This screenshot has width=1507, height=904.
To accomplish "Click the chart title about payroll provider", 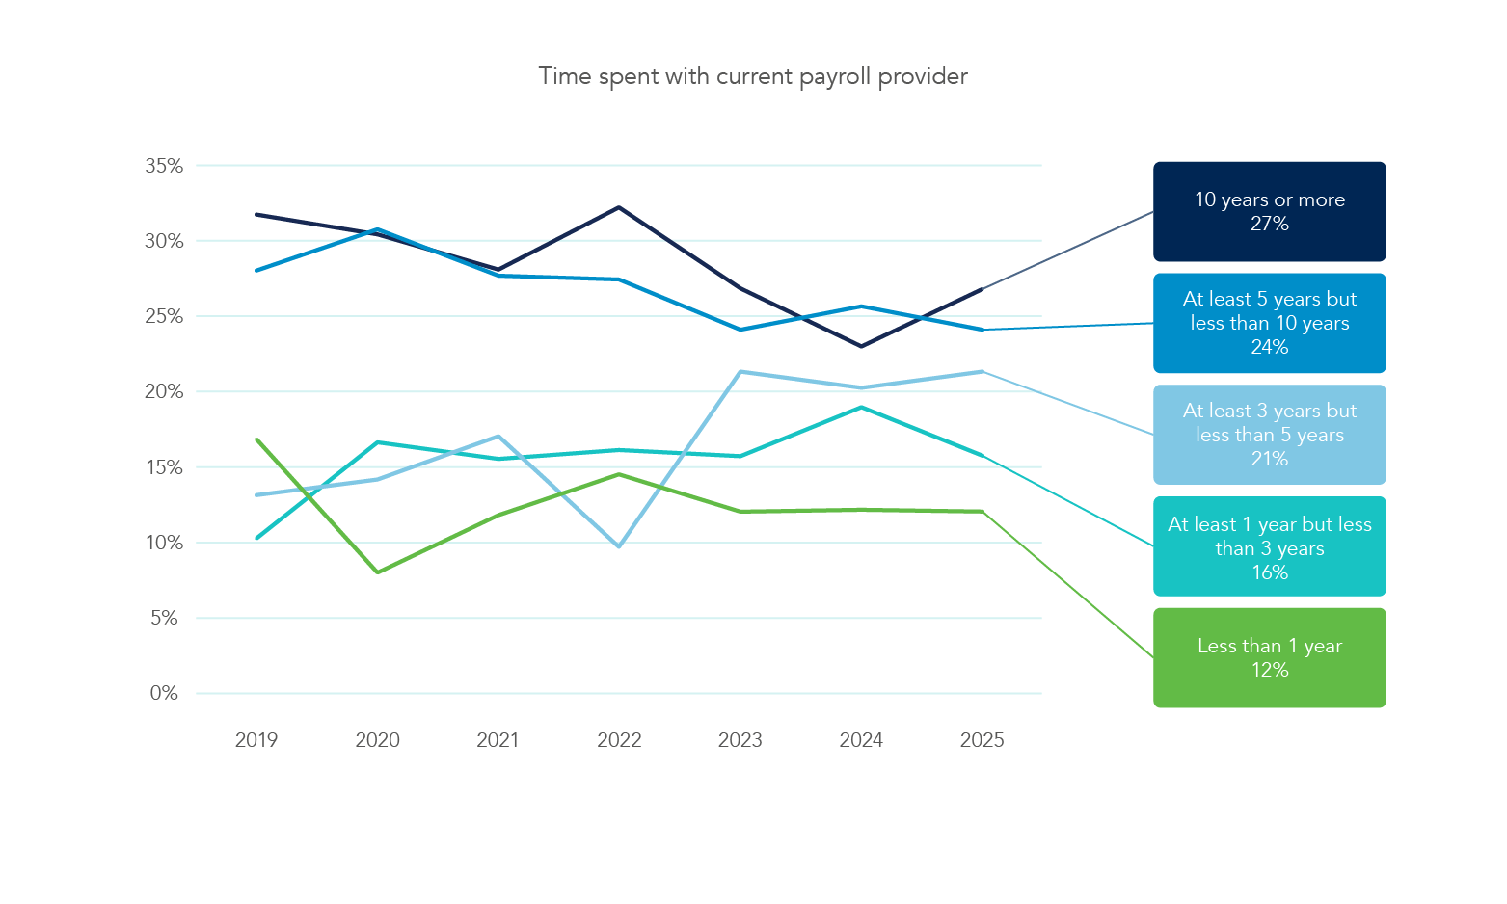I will point(752,76).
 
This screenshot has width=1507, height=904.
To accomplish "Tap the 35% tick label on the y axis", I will point(164,166).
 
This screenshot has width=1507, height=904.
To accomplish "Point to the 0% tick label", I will point(164,693).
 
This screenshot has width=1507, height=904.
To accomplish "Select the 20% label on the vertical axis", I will point(164,391).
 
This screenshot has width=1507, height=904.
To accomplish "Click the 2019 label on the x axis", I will point(256,740).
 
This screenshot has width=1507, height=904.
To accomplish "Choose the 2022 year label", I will point(619,740).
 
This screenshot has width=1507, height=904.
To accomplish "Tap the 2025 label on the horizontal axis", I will point(982,740).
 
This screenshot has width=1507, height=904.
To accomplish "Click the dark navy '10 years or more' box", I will point(1269,211).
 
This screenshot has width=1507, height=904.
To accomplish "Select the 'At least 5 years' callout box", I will point(1269,323).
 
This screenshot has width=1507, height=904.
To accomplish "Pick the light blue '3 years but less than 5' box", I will point(1269,435).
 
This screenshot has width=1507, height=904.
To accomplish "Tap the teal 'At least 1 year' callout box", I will point(1269,546).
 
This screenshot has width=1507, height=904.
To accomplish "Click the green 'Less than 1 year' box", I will point(1269,657).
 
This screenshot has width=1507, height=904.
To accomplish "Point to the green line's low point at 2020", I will point(378,572).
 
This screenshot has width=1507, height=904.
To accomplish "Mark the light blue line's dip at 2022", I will point(619,546).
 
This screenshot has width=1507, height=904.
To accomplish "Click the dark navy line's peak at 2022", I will point(619,207).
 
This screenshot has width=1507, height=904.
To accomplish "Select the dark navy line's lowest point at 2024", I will point(861,346).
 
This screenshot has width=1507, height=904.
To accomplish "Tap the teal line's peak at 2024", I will point(861,407).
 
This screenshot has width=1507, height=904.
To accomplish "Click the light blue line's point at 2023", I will point(740,371).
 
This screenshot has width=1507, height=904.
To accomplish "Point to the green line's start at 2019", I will point(256,439).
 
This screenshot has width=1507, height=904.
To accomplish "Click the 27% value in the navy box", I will point(1269,224).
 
